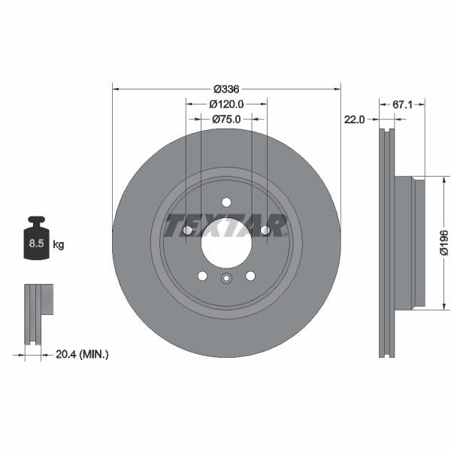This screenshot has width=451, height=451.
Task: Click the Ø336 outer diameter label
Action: (x=226, y=88)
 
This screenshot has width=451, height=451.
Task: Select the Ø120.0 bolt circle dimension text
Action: (x=226, y=104)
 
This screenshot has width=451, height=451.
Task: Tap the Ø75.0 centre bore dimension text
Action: (x=226, y=119)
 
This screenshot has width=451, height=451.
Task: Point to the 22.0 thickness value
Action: (x=354, y=120)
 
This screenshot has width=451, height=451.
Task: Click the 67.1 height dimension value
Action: (x=403, y=104)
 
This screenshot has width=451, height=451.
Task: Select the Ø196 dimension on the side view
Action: (x=443, y=243)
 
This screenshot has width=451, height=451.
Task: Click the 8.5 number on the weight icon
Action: (x=36, y=244)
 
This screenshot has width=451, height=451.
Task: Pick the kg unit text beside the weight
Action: (x=59, y=245)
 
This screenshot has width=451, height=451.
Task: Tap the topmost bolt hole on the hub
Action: (x=226, y=201)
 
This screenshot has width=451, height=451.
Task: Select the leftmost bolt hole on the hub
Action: (x=187, y=230)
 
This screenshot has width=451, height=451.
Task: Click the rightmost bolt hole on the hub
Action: (x=265, y=230)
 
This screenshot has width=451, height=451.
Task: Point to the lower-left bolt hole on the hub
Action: (x=202, y=275)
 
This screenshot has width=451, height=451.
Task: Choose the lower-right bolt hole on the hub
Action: (x=250, y=275)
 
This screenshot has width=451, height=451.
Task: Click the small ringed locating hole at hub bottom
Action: (x=226, y=280)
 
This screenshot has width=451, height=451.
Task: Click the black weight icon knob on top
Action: (x=36, y=221)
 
